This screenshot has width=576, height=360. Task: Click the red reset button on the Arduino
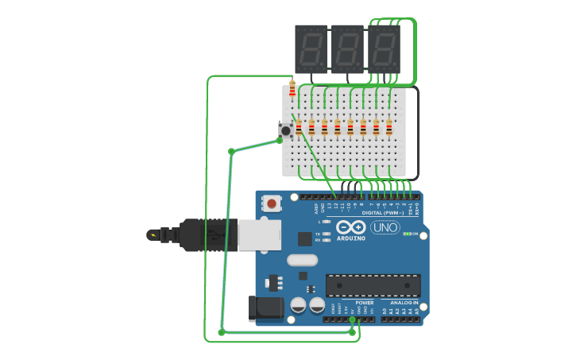[x=272, y=203]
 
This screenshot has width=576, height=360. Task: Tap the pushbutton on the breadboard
[x=284, y=130]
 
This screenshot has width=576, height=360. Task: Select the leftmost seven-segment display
[x=311, y=49]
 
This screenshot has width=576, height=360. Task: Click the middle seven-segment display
[x=347, y=49]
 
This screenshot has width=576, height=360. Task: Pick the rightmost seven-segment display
[x=384, y=49]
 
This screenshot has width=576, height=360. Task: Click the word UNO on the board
[x=385, y=227]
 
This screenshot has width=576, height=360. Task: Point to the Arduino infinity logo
[x=350, y=227]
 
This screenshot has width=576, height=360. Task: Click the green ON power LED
[x=407, y=234]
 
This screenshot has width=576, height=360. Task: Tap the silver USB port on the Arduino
[x=259, y=235]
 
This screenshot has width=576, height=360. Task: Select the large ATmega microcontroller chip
[x=373, y=285]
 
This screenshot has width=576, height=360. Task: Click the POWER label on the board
[x=364, y=303]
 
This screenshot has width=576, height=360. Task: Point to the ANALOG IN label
[x=404, y=303]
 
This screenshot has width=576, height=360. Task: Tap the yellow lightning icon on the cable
[x=151, y=234]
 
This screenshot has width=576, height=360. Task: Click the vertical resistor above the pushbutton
[x=292, y=89]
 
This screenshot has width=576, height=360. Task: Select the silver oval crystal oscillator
[x=302, y=260]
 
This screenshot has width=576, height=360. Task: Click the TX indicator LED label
[x=318, y=234]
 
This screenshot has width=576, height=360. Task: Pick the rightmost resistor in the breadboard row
[x=389, y=128]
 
